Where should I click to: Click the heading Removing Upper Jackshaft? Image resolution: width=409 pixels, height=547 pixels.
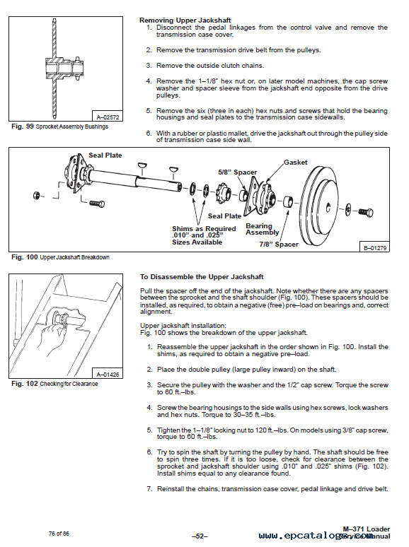pos(185,20)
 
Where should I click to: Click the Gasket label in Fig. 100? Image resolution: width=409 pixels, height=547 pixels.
pos(296,163)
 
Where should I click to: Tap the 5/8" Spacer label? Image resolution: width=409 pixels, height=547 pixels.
pos(238,172)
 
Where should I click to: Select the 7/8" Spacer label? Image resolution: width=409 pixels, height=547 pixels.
pos(279,245)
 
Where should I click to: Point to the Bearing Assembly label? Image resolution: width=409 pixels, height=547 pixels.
pos(263,229)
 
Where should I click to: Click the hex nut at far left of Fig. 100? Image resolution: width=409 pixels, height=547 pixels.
pos(36,195)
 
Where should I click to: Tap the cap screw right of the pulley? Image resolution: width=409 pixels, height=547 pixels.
pos(366,212)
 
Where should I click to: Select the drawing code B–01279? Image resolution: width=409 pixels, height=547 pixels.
pos(375,248)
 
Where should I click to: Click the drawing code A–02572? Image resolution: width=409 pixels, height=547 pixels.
pos(108,117)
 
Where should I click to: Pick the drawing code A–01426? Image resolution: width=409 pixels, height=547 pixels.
pos(108,375)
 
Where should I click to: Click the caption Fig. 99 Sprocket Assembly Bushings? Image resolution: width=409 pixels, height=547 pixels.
pos(59,127)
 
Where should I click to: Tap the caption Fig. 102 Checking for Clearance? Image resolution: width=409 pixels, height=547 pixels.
pos(54,384)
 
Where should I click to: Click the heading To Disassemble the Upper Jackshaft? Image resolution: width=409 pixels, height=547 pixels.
pos(202,277)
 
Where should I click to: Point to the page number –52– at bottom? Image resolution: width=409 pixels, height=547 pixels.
pos(200,536)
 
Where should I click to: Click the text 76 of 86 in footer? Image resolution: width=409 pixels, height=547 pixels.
pos(59,534)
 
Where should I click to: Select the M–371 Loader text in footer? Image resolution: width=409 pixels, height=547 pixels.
pos(367,529)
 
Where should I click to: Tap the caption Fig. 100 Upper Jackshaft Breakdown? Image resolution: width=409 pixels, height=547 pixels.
pos(60,257)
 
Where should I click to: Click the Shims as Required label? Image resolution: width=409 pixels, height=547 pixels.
pos(204,229)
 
